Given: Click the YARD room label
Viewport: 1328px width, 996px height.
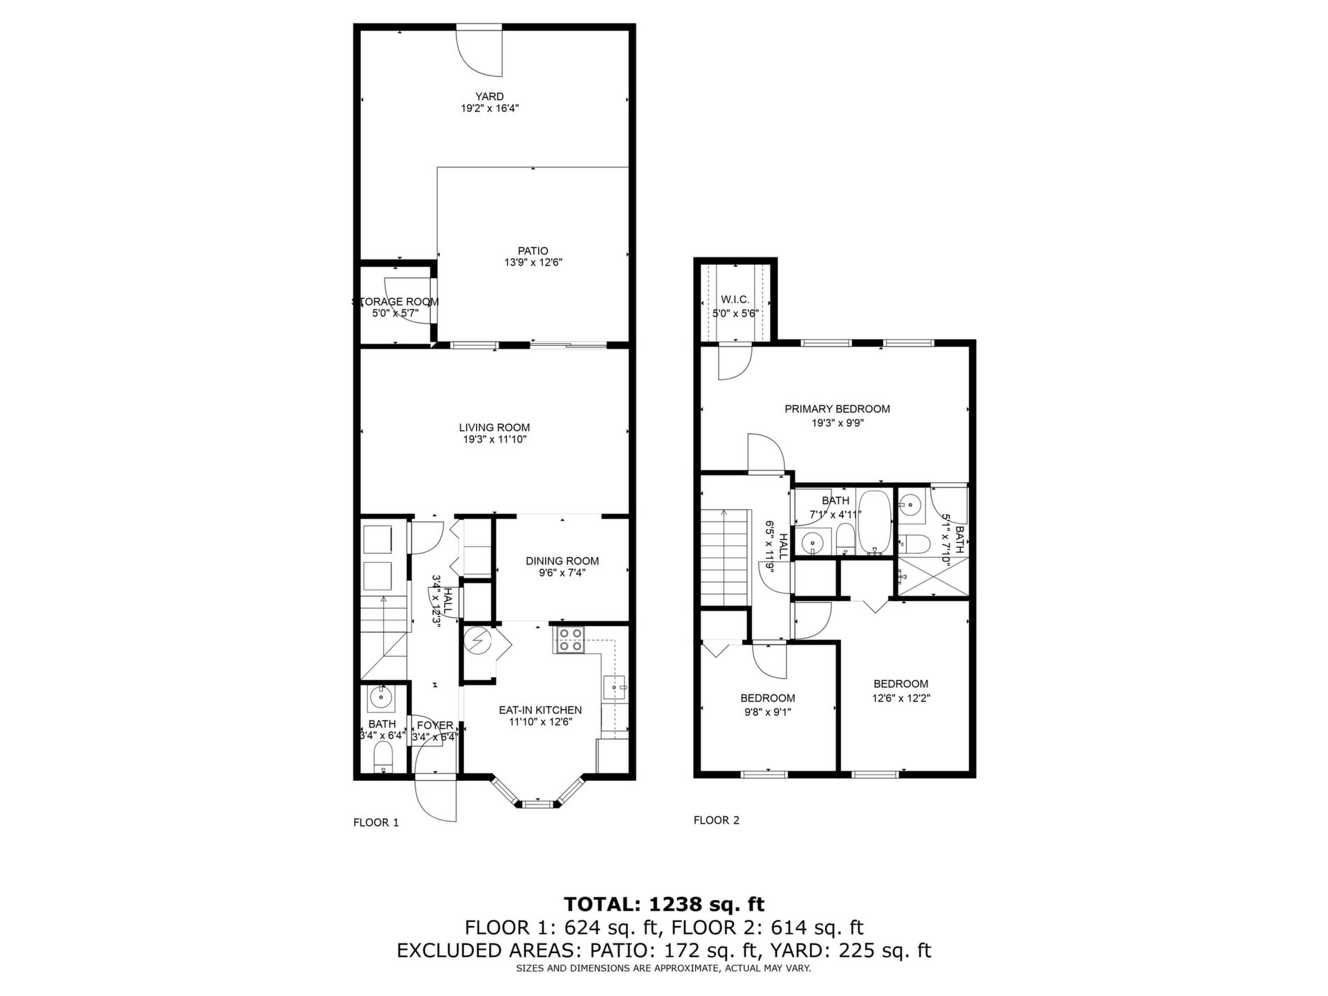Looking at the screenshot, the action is [489, 97].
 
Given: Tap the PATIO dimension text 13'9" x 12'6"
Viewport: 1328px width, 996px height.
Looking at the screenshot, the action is [533, 263].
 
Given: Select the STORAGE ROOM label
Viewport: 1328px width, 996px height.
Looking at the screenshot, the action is [396, 302].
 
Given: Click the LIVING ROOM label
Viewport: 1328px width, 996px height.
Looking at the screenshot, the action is [495, 427].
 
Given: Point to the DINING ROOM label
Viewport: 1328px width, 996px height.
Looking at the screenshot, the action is [562, 561].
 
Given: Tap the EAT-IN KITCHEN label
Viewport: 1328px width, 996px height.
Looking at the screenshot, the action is [540, 710].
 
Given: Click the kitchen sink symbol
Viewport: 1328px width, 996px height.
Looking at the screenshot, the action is [614, 689].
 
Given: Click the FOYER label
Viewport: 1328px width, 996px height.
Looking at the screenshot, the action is [435, 726].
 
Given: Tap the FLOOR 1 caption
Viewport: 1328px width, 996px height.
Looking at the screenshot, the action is [376, 822].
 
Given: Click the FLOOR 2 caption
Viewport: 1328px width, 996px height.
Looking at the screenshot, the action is [717, 820].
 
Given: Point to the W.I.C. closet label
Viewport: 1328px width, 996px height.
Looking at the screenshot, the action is [735, 299].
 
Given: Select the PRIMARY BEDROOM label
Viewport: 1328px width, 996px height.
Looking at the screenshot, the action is [837, 409].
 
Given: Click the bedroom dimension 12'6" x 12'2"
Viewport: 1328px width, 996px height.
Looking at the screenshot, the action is [901, 699].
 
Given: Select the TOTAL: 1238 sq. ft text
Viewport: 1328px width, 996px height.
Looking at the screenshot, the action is [664, 904].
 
